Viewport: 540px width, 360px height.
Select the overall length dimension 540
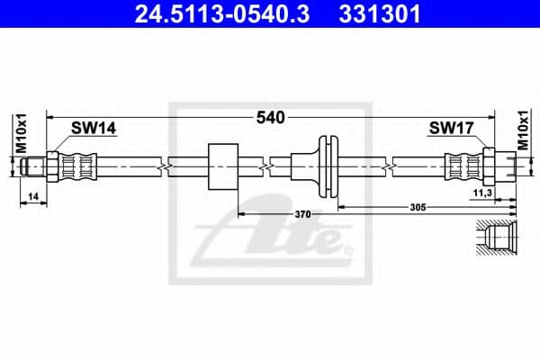[271, 117]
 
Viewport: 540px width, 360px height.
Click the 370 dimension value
[302, 214]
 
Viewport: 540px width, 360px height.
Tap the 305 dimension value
[418, 206]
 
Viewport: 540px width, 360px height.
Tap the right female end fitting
[500, 166]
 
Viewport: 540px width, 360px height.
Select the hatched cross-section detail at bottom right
[496, 238]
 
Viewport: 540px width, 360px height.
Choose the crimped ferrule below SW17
[463, 166]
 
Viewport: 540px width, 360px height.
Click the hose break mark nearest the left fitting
[162, 166]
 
